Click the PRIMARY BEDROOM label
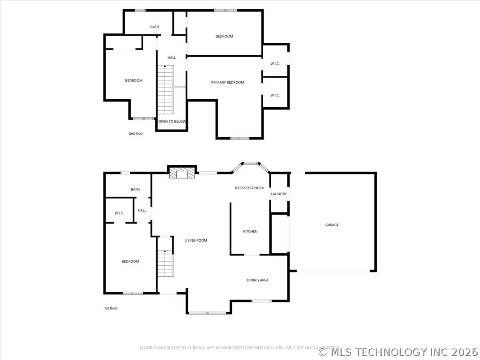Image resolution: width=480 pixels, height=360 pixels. [228, 82]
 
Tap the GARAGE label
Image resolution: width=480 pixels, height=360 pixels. [332, 225]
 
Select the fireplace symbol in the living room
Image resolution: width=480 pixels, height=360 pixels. [182, 173]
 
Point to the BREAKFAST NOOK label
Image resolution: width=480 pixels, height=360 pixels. [250, 188]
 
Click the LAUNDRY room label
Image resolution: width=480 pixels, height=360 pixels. [279, 194]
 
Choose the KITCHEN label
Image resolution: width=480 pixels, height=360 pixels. [250, 231]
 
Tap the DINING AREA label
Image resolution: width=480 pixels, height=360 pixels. [257, 280]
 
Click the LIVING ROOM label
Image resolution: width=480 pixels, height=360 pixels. [196, 240]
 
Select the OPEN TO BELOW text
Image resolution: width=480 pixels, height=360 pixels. [172, 122]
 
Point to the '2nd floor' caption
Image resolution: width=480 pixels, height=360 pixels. [136, 134]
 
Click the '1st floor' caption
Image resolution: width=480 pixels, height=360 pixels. [111, 308]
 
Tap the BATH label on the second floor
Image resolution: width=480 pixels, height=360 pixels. [155, 27]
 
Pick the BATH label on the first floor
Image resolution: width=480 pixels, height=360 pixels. [135, 189]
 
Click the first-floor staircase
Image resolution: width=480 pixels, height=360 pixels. [166, 263]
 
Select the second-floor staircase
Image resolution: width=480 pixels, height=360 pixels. [166, 90]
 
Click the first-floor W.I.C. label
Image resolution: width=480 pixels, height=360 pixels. [119, 213]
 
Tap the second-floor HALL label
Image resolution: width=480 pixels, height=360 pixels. [172, 58]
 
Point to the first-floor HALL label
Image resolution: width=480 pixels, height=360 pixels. [142, 210]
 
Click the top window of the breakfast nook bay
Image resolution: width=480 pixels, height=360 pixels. [251, 163]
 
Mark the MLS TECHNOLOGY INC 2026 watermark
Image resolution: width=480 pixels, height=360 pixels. [398, 352]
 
